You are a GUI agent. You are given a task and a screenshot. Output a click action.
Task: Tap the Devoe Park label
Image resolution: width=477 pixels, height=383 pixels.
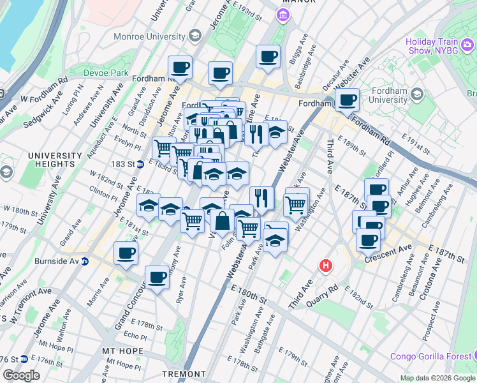[x=105, y=73]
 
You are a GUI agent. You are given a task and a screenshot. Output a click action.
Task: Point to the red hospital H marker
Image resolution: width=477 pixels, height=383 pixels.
[x=327, y=265]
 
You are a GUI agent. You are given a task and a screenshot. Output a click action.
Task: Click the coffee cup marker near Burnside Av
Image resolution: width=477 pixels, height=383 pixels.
[x=126, y=252]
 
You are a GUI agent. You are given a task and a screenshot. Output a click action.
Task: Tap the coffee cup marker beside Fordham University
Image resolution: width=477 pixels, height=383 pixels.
[x=347, y=100]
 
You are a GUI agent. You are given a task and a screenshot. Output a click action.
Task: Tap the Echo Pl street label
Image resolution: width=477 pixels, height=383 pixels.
[x=135, y=335]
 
